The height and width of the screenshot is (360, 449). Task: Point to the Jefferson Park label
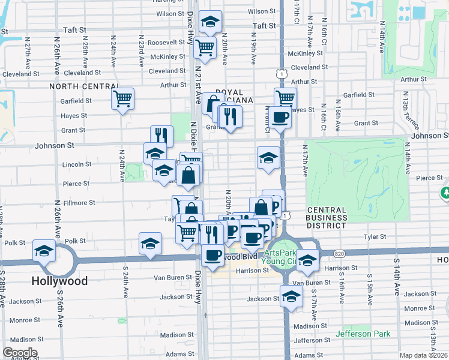363,334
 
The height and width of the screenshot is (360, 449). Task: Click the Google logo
20,353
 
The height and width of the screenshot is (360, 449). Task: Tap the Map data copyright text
424,355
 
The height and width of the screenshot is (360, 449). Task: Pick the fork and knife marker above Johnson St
161,135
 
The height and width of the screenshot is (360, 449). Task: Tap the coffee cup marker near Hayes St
279,117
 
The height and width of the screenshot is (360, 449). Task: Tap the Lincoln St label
77,164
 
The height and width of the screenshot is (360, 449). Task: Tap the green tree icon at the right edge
445,193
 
